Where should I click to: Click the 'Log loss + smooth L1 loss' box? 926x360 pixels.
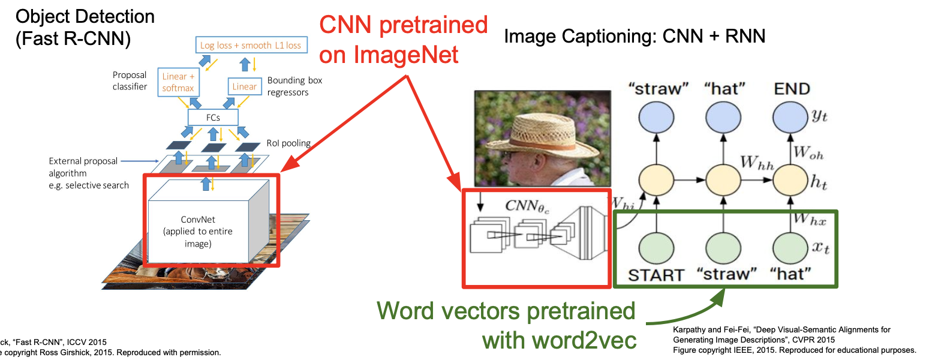pos(251,45)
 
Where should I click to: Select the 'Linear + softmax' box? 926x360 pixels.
pos(178,82)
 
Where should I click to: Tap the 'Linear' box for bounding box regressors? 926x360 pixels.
pos(244,86)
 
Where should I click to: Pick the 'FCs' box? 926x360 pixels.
pos(213,117)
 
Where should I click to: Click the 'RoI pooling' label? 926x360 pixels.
pos(288,143)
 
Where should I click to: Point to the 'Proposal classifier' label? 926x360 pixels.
pos(130,81)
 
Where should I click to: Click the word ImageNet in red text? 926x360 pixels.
pos(389,55)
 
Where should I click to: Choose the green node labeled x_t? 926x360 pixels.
pos(791,246)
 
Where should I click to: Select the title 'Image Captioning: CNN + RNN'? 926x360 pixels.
pos(635,37)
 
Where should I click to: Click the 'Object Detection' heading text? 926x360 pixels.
pos(85,16)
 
